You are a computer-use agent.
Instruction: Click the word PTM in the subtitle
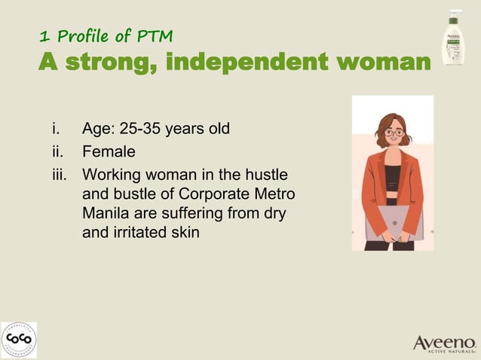155,35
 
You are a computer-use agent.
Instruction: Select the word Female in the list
109,151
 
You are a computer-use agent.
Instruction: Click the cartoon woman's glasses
394,133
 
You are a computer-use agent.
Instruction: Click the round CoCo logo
18,340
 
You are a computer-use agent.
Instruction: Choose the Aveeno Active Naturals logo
444,343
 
